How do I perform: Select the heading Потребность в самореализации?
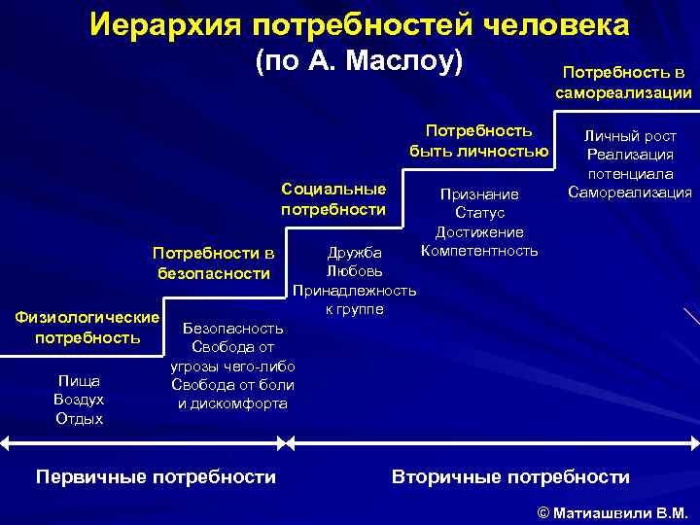tap(623, 83)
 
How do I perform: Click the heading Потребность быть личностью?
tap(479, 140)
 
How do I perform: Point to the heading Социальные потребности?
tap(333, 198)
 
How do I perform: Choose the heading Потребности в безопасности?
tap(214, 263)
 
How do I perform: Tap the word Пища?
tap(79, 380)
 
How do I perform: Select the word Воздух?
tap(79, 400)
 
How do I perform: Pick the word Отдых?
tap(79, 419)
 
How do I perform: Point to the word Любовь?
tap(355, 270)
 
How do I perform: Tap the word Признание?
tap(479, 194)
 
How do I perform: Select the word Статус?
tap(479, 213)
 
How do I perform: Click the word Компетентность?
tap(479, 251)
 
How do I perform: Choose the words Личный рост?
tap(629, 137)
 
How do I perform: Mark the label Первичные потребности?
tap(156, 476)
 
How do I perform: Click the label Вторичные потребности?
tap(510, 476)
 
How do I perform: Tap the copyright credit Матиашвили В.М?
tap(612, 511)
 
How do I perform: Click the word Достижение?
tap(479, 232)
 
